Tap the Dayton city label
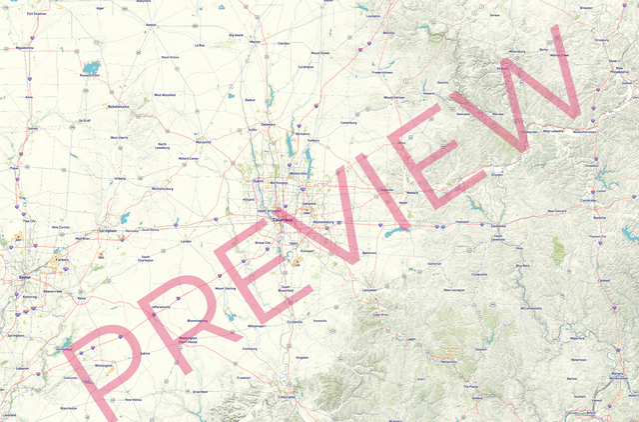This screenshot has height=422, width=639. [24, 277]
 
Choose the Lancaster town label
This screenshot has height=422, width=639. [369, 289]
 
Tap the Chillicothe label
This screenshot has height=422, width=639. [289, 397]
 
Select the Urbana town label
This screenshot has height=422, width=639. [121, 178]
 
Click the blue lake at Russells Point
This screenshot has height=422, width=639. [92, 68]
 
